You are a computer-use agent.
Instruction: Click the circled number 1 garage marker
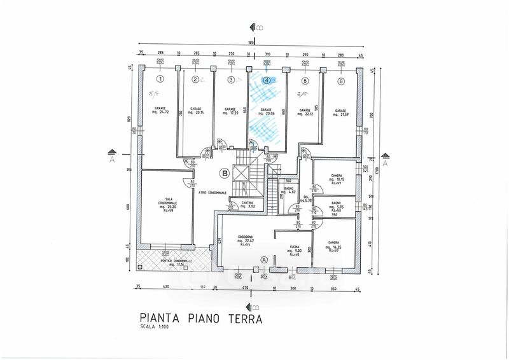pyautogui.click(x=161, y=80)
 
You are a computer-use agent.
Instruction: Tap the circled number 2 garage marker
pyautogui.click(x=196, y=80)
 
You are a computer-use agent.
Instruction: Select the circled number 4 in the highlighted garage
pyautogui.click(x=267, y=81)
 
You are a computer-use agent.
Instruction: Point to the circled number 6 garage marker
pyautogui.click(x=342, y=81)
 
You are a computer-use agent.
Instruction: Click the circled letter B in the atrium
pyautogui.click(x=224, y=172)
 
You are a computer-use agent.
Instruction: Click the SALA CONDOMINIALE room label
pyautogui.click(x=168, y=203)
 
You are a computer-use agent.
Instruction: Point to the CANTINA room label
pyautogui.click(x=247, y=202)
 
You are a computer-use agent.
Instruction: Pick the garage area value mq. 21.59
pyautogui.click(x=342, y=113)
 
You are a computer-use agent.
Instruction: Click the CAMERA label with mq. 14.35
pyautogui.click(x=333, y=242)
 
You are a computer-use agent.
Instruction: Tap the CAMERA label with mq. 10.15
pyautogui.click(x=337, y=176)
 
